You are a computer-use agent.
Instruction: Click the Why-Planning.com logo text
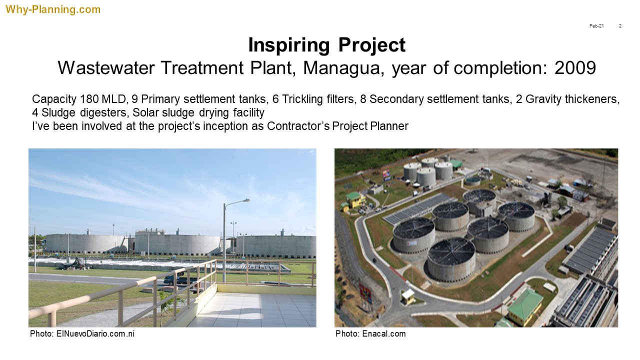tap(53, 9)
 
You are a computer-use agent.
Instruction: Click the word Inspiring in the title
tap(289, 45)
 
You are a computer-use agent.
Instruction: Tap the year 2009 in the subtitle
tap(575, 67)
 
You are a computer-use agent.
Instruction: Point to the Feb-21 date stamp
tap(596, 26)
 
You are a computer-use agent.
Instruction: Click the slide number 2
tap(620, 26)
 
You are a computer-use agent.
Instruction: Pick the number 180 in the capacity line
tap(89, 99)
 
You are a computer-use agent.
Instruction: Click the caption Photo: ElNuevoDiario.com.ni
tap(82, 333)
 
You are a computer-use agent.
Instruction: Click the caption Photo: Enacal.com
tap(370, 333)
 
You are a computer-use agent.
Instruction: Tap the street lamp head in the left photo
tap(245, 200)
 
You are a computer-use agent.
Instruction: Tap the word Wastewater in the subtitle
tap(106, 68)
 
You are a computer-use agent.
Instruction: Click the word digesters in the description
tap(103, 113)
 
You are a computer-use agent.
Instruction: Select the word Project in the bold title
tap(371, 45)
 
